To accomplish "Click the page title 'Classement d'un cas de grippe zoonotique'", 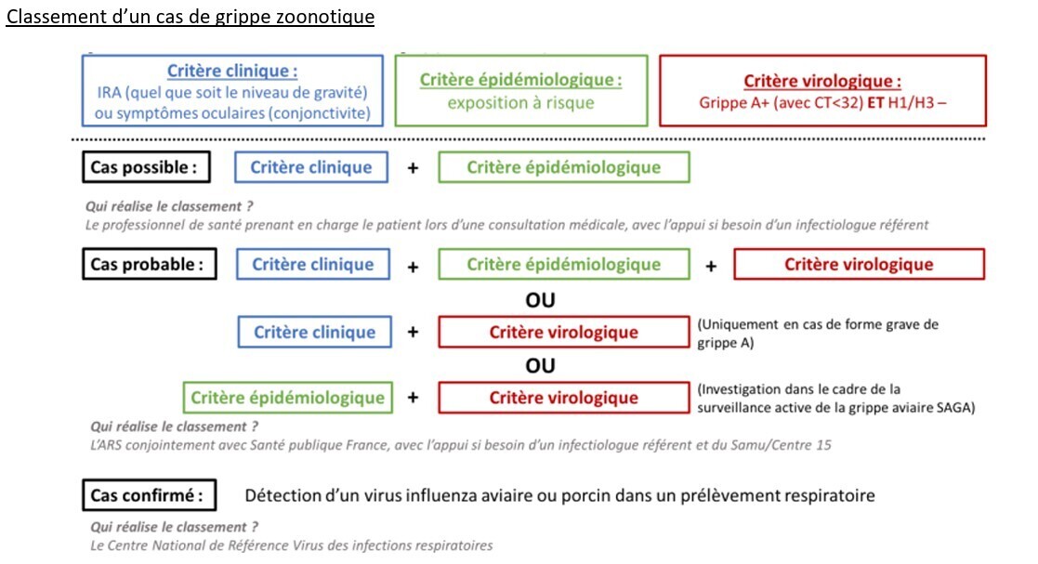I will click(x=190, y=18).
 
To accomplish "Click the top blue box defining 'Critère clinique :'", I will click(x=232, y=91).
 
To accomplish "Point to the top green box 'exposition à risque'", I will click(x=520, y=91).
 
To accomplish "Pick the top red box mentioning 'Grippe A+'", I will click(x=822, y=91).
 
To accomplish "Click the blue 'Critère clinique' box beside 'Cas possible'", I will click(x=312, y=167).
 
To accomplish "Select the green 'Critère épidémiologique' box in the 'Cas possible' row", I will click(x=563, y=167).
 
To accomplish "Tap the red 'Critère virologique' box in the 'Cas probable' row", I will click(x=859, y=264).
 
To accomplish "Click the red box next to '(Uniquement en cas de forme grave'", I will click(x=564, y=333).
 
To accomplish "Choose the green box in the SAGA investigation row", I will click(x=287, y=398).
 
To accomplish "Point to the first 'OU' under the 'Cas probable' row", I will click(x=540, y=300).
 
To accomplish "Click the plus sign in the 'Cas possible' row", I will click(x=413, y=168).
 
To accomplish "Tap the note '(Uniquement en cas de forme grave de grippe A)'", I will click(x=818, y=333).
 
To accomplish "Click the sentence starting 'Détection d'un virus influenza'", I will click(x=560, y=495).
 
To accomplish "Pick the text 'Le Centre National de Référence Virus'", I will click(x=214, y=545).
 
